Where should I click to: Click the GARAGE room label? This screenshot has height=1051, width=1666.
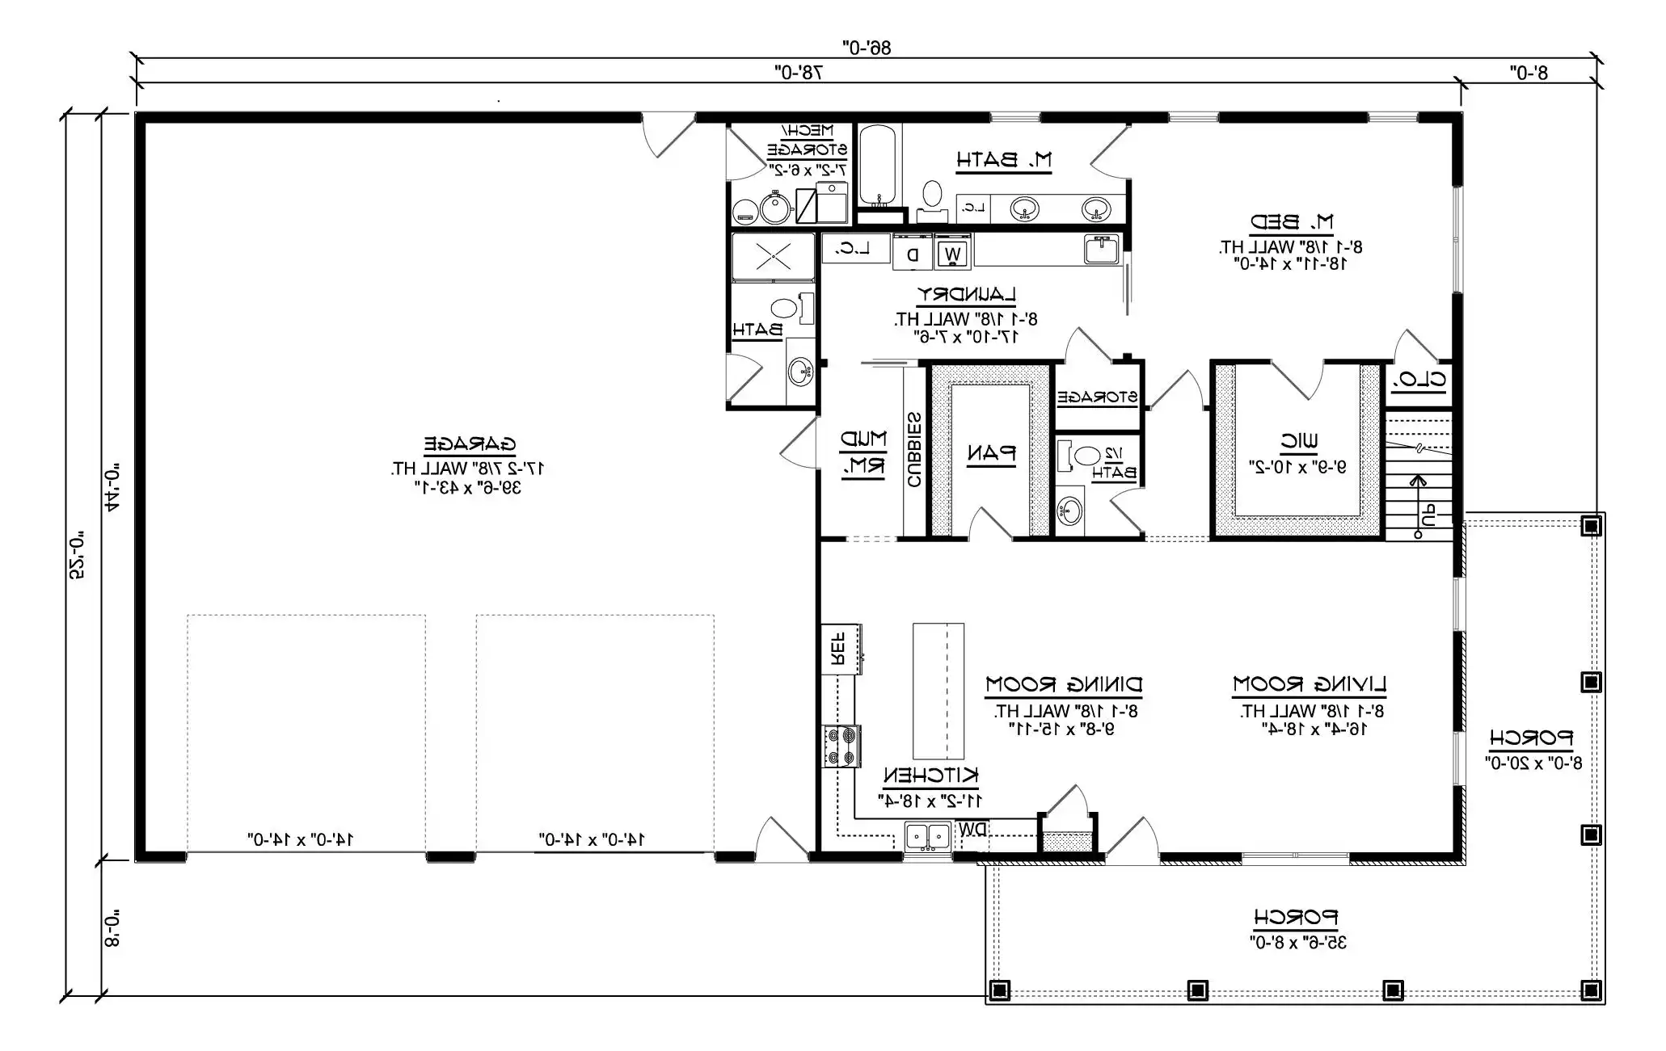pos(470,444)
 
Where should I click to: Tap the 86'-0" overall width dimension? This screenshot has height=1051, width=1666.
pos(867,48)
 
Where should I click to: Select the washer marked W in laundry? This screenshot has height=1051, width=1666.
pos(953,254)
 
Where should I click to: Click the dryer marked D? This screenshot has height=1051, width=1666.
pos(913,254)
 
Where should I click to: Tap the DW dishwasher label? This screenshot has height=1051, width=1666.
pos(972,830)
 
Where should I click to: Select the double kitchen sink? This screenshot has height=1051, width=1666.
pos(927,836)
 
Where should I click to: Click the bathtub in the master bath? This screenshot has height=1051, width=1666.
pos(877,166)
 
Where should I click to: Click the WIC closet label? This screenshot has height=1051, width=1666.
pos(1299,441)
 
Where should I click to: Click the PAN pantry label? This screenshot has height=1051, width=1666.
pos(991,453)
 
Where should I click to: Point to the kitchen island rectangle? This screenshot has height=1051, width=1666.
pos(938,690)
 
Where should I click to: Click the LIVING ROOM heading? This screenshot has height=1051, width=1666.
pos(1310,685)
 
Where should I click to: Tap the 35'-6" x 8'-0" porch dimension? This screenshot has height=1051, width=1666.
pos(1297,942)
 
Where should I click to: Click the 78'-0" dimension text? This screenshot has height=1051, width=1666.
pos(798,73)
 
